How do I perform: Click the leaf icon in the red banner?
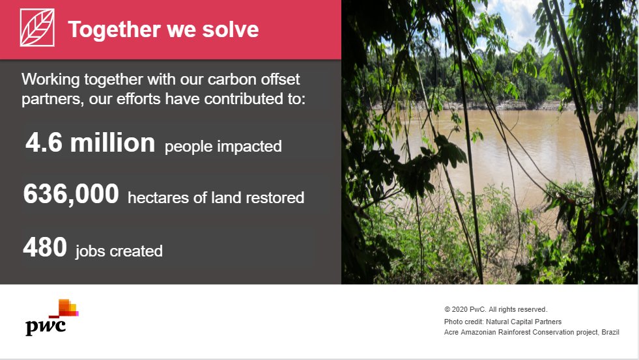(x=37, y=29)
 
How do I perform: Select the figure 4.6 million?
(x=90, y=143)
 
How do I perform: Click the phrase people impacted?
(x=223, y=146)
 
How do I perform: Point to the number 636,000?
(x=71, y=194)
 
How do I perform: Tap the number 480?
(x=45, y=247)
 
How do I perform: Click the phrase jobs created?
(x=119, y=251)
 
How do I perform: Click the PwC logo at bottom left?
(x=51, y=317)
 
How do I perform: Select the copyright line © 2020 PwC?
(x=495, y=310)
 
